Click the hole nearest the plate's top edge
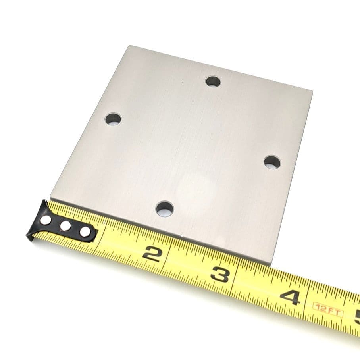coord(213,82)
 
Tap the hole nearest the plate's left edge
coord(113,119)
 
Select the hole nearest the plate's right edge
coord(272,162)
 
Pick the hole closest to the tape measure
coord(165,209)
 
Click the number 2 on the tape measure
coord(152,253)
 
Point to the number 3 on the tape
coord(221,273)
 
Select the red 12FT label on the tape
coord(328,310)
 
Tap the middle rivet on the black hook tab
coord(65,226)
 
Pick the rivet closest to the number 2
coord(85,231)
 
